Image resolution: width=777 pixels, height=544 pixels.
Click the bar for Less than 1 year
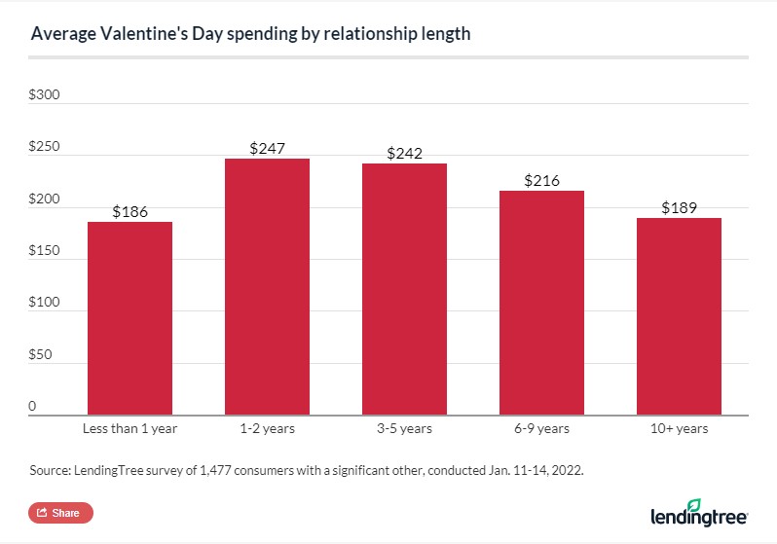pyautogui.click(x=129, y=318)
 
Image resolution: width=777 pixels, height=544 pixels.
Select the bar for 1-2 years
pyautogui.click(x=267, y=287)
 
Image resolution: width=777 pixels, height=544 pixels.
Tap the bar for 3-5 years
pyautogui.click(x=404, y=289)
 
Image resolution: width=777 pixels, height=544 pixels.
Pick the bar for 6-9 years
pyautogui.click(x=541, y=303)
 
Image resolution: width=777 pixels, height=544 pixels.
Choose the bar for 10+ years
pyautogui.click(x=679, y=316)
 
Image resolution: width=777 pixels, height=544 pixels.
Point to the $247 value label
pyautogui.click(x=267, y=148)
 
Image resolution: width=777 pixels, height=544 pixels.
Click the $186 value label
pyautogui.click(x=129, y=211)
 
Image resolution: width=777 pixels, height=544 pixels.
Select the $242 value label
pyautogui.click(x=404, y=153)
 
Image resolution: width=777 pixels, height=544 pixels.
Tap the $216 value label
pyautogui.click(x=541, y=180)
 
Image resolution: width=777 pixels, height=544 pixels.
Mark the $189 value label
pyautogui.click(x=679, y=207)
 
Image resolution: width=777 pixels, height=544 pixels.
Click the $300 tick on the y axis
pyautogui.click(x=44, y=95)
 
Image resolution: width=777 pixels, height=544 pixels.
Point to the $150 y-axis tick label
pyautogui.click(x=44, y=251)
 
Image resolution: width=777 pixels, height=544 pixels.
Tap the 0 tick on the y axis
pyautogui.click(x=32, y=406)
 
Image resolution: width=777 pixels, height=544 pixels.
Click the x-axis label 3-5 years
pyautogui.click(x=404, y=428)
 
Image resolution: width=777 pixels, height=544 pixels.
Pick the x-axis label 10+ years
pyautogui.click(x=679, y=428)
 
